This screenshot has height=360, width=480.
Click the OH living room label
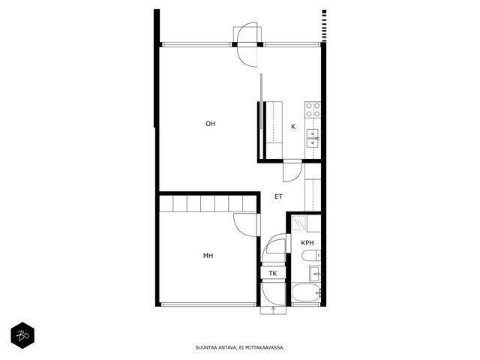(x=211, y=124)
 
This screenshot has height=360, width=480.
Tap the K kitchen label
(x=293, y=127)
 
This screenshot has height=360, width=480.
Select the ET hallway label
(x=278, y=196)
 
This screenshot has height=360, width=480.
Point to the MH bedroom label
(x=208, y=256)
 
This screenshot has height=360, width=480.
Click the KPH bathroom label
(x=307, y=243)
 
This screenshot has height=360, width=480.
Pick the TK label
(x=273, y=273)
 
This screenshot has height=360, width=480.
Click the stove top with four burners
(x=313, y=110)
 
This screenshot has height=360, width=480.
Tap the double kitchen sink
(x=313, y=138)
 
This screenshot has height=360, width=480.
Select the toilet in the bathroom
(x=310, y=256)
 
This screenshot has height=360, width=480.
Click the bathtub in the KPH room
(x=307, y=293)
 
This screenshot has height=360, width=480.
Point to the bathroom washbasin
(x=315, y=273)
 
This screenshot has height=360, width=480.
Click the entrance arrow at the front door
(x=273, y=310)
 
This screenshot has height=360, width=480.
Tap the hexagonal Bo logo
(x=22, y=335)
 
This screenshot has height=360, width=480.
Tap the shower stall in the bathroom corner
(x=298, y=223)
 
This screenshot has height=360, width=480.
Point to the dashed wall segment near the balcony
(x=324, y=25)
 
